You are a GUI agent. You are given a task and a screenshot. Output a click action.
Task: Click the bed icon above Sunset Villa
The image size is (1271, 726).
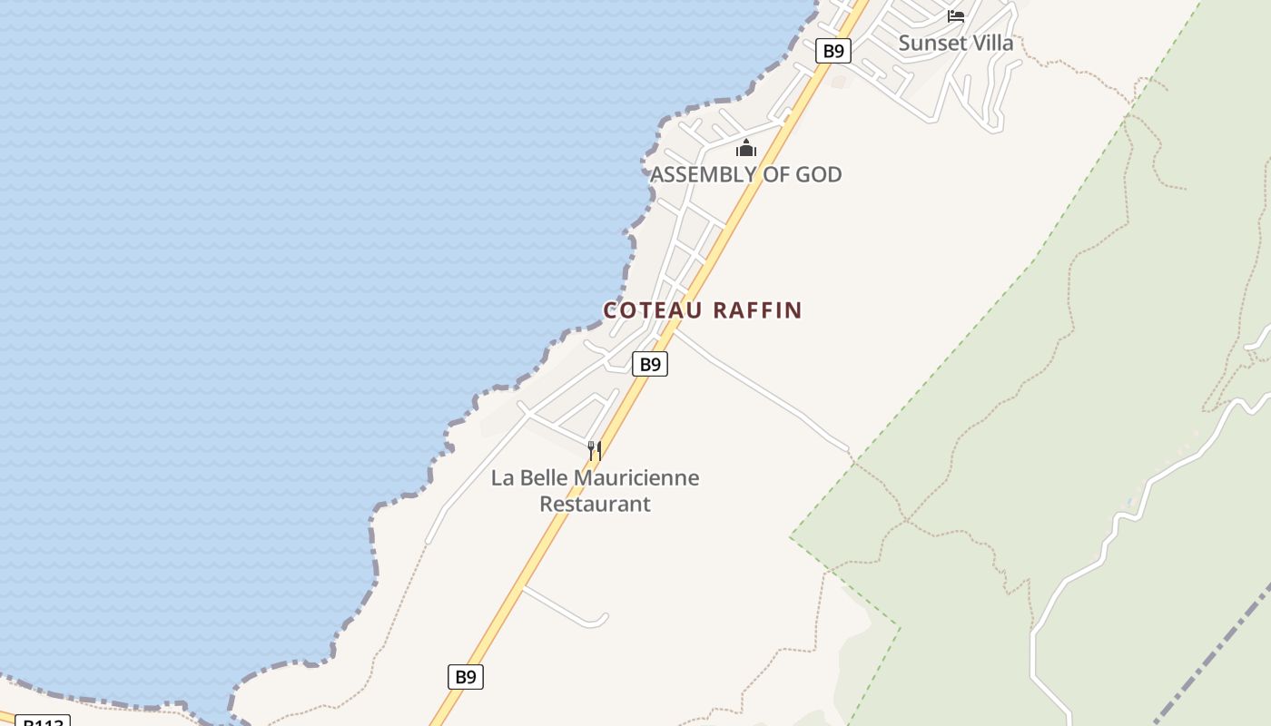point(955,15)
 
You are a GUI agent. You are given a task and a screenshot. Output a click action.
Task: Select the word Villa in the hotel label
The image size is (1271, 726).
point(991,43)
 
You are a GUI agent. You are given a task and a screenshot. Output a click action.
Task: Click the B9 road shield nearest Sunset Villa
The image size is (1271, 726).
point(833,51)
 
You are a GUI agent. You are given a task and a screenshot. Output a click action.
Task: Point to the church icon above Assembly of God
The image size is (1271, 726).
point(746,149)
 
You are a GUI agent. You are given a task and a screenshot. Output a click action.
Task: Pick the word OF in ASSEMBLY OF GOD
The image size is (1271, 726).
point(769,174)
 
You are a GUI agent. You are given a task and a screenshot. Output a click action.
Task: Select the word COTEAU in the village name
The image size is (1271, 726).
point(653,310)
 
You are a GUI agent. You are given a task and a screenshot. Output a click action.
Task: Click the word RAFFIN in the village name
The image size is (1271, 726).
point(757,310)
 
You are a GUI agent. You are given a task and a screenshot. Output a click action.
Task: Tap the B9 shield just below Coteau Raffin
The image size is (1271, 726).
point(649,365)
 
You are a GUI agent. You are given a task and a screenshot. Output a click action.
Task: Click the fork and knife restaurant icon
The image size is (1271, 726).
point(595,450)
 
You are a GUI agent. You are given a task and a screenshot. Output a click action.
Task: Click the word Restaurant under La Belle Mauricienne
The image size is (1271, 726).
point(595,504)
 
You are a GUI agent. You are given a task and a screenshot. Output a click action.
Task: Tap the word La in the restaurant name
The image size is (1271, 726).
point(502,478)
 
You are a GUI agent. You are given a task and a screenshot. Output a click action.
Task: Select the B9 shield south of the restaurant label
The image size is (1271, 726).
point(465,677)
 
